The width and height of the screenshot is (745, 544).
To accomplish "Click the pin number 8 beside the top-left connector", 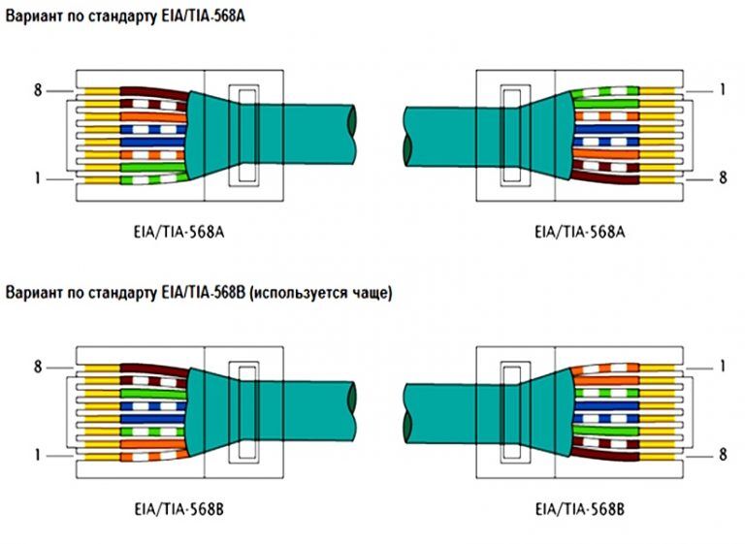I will pos(38,90).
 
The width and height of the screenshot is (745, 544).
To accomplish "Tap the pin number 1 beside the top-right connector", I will pos(723,90).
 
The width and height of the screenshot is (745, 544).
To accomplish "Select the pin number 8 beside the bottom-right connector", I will pos(723,453).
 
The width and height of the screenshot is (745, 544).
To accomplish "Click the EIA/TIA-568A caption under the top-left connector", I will pos(184,233).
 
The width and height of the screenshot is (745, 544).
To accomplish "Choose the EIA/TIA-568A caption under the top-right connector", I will pos(579,233).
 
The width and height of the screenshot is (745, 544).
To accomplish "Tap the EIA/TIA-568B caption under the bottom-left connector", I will pos(184,508).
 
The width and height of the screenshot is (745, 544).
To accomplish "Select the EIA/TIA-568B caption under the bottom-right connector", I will pos(579,508).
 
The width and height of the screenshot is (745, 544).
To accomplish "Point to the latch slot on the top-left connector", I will pos(243,136).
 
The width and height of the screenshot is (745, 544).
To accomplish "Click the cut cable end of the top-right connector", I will pos(408,135).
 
